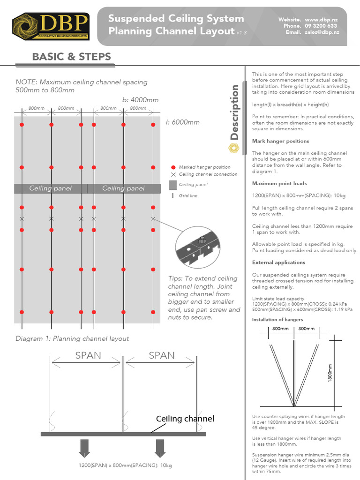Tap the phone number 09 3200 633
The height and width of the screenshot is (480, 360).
(321, 26)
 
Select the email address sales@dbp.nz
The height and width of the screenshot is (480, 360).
(322, 32)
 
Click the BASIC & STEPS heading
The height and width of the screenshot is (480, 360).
(71, 57)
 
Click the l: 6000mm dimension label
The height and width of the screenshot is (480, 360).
(182, 122)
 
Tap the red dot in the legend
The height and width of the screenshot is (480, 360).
(173, 167)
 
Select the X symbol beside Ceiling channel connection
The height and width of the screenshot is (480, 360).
(173, 174)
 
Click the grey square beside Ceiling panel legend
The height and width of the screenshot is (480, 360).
(173, 185)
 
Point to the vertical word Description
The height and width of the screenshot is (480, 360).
(234, 112)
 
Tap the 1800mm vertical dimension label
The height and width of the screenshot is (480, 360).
(330, 373)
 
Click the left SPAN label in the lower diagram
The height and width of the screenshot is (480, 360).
(88, 355)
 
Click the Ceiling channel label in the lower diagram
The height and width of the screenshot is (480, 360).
(185, 419)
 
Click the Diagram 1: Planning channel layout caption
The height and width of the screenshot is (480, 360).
(72, 338)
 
